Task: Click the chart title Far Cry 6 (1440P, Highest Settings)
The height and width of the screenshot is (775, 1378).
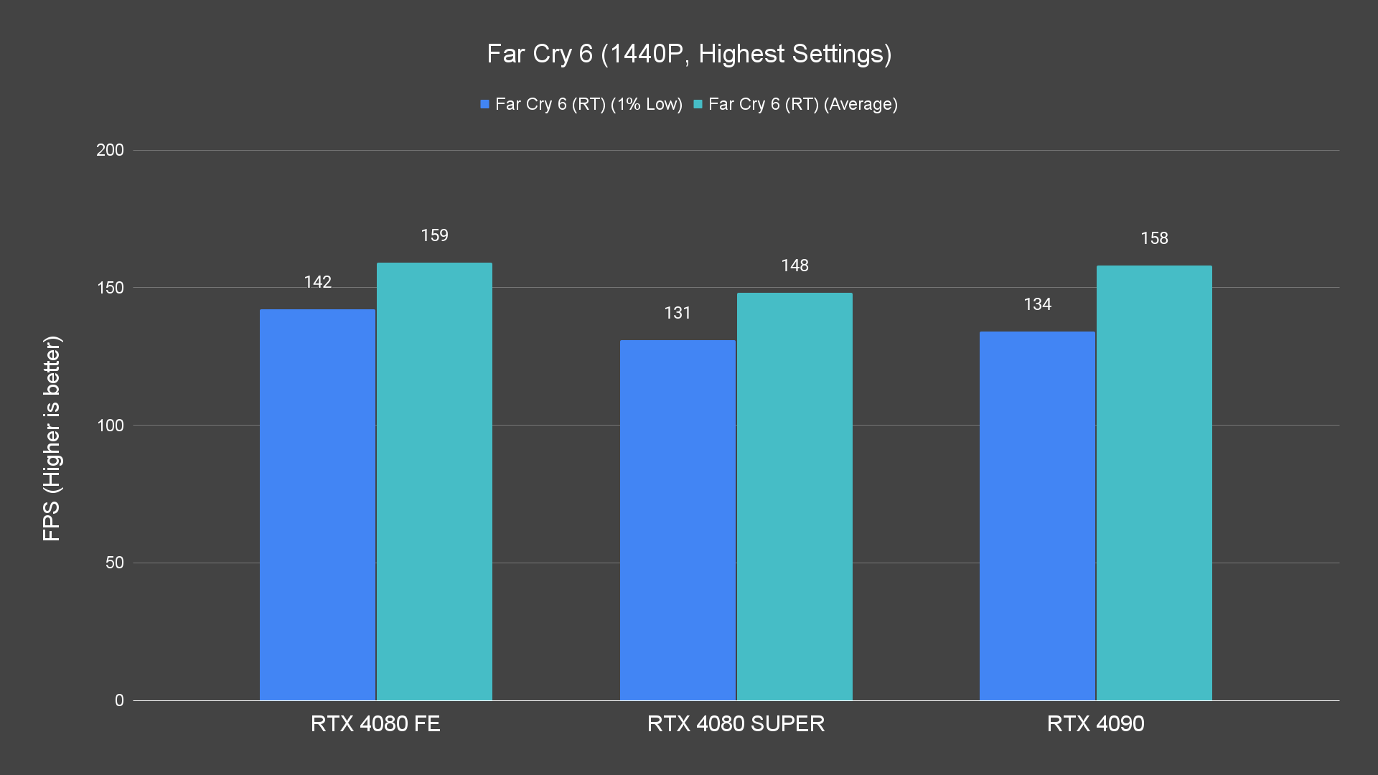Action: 689,54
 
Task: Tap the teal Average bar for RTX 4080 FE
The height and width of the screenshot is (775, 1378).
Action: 434,482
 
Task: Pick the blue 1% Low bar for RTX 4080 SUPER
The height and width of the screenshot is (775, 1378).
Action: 678,520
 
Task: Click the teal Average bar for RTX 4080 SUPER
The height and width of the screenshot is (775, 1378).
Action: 795,497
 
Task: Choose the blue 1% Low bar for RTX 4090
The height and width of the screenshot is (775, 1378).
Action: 1037,516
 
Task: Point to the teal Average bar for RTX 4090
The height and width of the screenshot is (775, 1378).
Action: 1154,483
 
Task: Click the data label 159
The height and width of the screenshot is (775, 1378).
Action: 434,235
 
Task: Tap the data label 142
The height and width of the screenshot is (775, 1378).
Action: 317,282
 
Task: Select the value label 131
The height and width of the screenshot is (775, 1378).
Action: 678,313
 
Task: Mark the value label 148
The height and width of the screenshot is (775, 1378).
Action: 795,266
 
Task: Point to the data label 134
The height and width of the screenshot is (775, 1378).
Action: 1037,304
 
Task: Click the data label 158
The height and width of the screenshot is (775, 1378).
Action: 1154,238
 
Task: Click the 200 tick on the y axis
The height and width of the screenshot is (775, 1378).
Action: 110,150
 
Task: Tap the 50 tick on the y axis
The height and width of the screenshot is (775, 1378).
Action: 115,563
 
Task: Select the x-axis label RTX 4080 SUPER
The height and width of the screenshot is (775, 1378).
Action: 736,723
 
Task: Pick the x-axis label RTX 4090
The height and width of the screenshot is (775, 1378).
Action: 1095,723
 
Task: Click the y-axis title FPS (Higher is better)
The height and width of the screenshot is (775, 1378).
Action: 52,438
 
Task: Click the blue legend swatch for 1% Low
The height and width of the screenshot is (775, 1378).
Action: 485,104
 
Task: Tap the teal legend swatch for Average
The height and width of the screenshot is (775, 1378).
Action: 698,104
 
